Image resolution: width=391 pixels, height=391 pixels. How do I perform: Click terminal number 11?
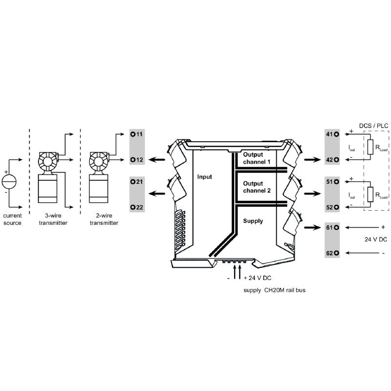tap(136, 134)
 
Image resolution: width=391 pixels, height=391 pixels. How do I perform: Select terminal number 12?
tap(136, 159)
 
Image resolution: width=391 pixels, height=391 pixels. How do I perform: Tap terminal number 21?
tap(136, 181)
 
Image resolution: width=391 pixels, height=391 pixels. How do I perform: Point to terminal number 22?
tap(136, 207)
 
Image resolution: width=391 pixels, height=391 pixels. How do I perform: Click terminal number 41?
tap(332, 134)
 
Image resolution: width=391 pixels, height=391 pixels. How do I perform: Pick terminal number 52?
tap(332, 207)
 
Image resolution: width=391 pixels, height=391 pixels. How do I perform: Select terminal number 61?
tap(332, 228)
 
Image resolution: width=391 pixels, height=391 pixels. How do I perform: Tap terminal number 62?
tap(332, 253)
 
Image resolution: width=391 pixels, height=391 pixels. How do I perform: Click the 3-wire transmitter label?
tap(53, 219)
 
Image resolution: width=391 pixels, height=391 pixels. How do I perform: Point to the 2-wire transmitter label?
tap(104, 219)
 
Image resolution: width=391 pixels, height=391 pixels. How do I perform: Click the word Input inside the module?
tap(204, 177)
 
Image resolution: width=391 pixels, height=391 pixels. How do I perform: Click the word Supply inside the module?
tap(253, 221)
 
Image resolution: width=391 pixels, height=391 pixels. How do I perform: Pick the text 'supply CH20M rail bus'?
tap(274, 290)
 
